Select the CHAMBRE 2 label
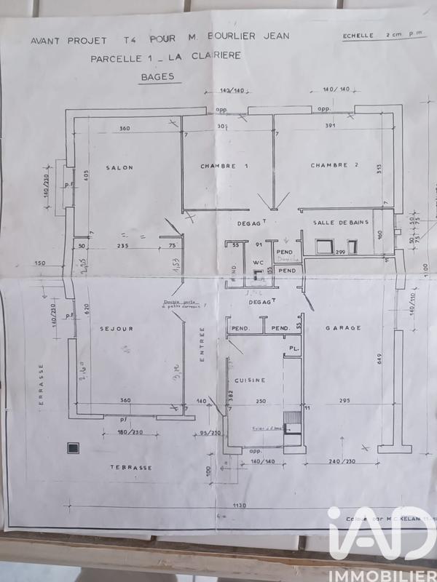(335, 165)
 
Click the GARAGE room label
(344, 328)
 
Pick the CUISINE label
(250, 380)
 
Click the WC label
(257, 263)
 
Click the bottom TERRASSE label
(131, 468)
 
